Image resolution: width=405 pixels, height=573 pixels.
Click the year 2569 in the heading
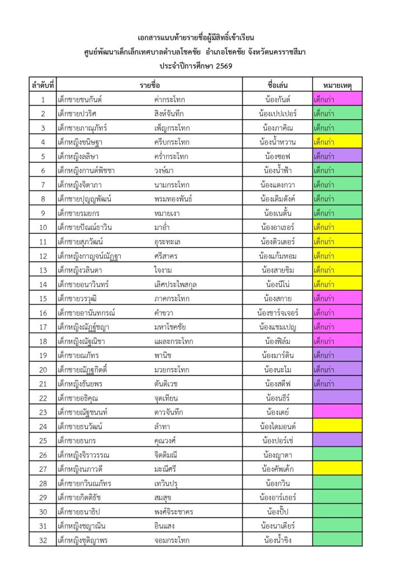(x=222, y=66)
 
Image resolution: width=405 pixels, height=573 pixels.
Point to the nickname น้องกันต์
(x=277, y=100)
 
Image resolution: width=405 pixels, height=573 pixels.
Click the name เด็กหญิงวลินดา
(x=79, y=270)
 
